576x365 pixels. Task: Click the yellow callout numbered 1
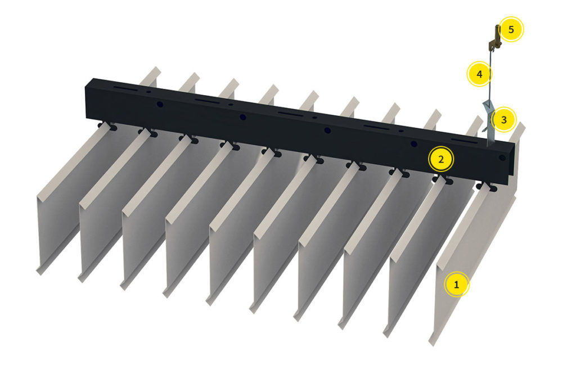click(x=457, y=285)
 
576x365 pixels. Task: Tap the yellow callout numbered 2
click(x=441, y=159)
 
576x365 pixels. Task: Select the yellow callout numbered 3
click(x=503, y=120)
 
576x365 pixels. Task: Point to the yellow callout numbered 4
click(x=479, y=74)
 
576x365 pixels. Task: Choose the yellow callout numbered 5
click(x=511, y=29)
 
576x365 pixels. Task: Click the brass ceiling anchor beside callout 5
click(x=494, y=37)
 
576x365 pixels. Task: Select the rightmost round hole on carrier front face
click(x=414, y=144)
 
